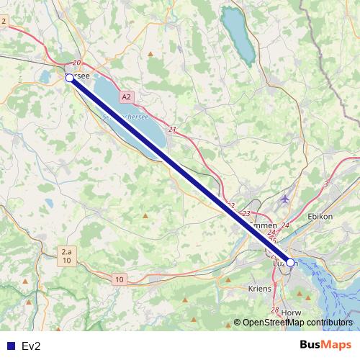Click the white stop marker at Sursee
69,78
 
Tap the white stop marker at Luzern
290,263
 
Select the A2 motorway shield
127,96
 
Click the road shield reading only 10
119,279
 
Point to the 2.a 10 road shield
66,256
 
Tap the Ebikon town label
319,216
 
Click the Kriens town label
259,288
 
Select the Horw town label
292,313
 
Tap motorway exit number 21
172,130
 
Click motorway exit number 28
274,310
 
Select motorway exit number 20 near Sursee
77,63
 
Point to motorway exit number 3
326,184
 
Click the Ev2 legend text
31,346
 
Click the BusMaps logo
325,345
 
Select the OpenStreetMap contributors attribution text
293,323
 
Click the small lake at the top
238,36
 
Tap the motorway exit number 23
246,214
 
